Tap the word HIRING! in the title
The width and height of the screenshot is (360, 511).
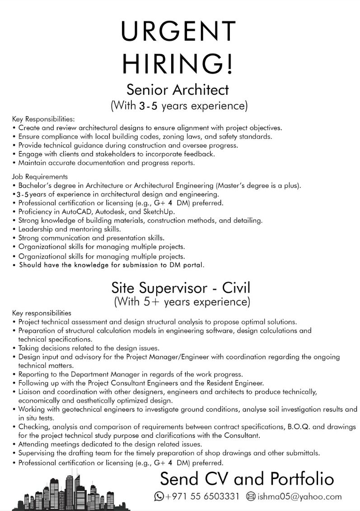(179, 63)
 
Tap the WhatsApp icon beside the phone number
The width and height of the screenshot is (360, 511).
(159, 497)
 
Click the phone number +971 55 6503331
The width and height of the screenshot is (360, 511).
(202, 497)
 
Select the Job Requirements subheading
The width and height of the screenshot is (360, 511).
(40, 177)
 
